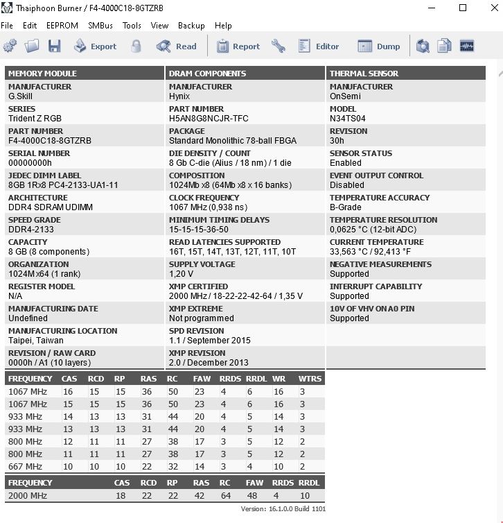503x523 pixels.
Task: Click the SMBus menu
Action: click(100, 25)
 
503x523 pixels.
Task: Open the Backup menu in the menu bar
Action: click(191, 25)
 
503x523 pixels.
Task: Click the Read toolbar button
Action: click(177, 46)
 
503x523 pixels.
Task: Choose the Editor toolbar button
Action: click(319, 46)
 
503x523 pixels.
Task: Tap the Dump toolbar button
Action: click(379, 46)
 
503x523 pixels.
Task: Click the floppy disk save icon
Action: click(55, 46)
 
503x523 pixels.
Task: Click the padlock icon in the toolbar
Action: click(136, 46)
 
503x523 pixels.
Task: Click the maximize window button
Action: click(463, 8)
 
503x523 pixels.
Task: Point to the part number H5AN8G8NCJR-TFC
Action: click(209, 119)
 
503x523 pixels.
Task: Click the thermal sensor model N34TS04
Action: click(348, 119)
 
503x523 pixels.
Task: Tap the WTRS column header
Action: click(310, 379)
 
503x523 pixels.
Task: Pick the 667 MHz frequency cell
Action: click(25, 467)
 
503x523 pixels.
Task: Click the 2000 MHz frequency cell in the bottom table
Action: click(28, 496)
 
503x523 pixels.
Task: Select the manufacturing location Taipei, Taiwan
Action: click(36, 341)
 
